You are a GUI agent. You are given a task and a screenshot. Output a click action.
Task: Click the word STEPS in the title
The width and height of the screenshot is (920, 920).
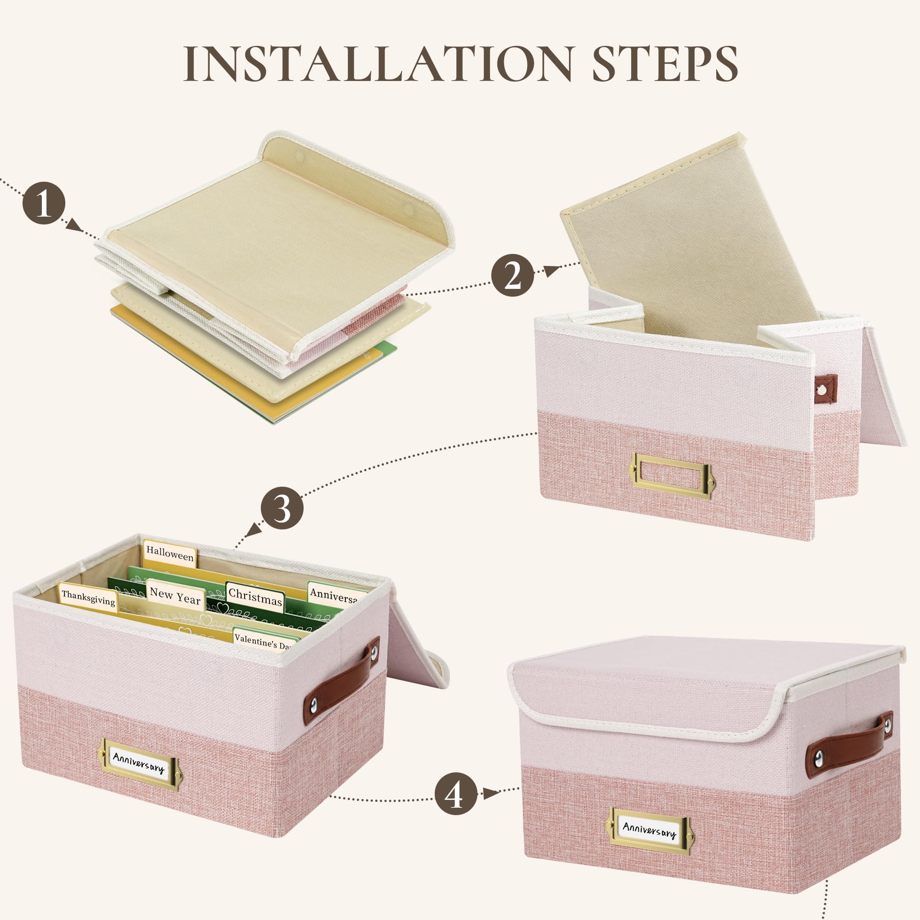(665, 64)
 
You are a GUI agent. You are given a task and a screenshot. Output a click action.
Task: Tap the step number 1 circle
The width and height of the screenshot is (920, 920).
(44, 203)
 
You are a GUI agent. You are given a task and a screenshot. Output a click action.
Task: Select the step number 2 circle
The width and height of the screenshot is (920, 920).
(512, 275)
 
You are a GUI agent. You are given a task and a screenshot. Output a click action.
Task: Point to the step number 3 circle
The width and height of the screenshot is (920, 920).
(282, 508)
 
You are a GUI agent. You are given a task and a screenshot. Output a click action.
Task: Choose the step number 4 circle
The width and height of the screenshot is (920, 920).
(456, 793)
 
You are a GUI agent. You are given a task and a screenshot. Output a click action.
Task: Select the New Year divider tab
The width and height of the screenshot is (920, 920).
(175, 595)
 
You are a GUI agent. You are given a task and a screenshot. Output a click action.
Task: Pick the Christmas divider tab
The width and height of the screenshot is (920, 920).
(255, 596)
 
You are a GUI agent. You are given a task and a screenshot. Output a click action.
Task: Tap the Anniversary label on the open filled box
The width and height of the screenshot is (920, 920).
(139, 764)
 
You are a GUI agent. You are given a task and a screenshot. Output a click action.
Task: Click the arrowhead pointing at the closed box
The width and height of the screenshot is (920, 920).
(490, 793)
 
